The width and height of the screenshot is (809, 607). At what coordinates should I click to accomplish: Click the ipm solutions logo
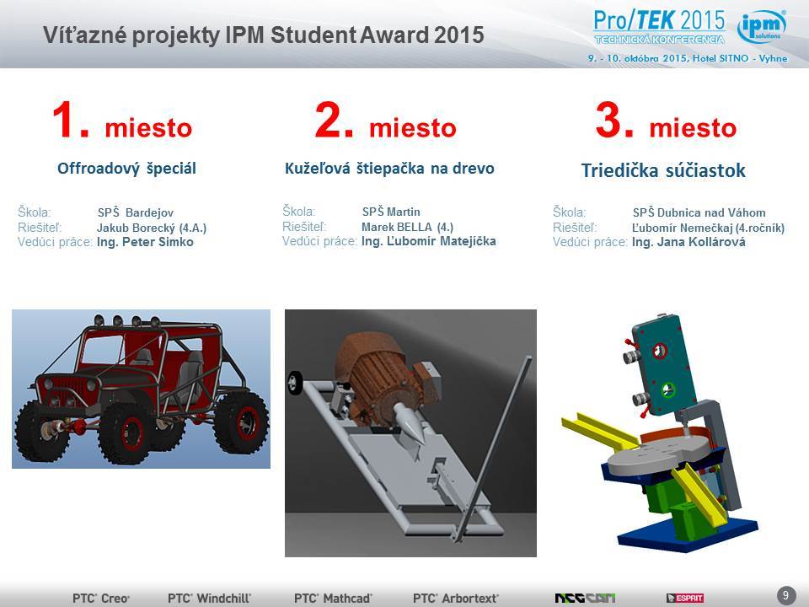pos(762,26)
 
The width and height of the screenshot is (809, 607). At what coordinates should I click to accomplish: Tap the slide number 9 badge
pos(785,595)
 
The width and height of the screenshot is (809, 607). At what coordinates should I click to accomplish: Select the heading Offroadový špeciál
pos(126,169)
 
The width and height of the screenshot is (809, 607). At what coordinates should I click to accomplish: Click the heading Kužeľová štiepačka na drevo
pos(389,169)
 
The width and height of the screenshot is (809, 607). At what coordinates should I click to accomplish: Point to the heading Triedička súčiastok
pos(663,170)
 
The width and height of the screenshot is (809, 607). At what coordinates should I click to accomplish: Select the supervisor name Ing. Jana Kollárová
pos(688,242)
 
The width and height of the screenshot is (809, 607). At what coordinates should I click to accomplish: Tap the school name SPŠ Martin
pos(391,212)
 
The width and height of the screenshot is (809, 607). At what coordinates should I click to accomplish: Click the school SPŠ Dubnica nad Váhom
pos(699,212)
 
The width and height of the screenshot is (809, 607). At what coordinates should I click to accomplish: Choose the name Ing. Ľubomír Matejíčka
pos(428,241)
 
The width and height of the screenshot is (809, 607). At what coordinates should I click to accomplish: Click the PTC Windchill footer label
pos(209,599)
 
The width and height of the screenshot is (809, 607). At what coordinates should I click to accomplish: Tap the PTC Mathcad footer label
pos(333,599)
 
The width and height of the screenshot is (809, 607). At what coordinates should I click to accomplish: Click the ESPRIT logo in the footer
pos(684,599)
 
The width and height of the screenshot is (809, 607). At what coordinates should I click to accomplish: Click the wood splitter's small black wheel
pos(295,381)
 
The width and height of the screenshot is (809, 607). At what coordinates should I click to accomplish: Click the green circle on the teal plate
pos(667,389)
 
